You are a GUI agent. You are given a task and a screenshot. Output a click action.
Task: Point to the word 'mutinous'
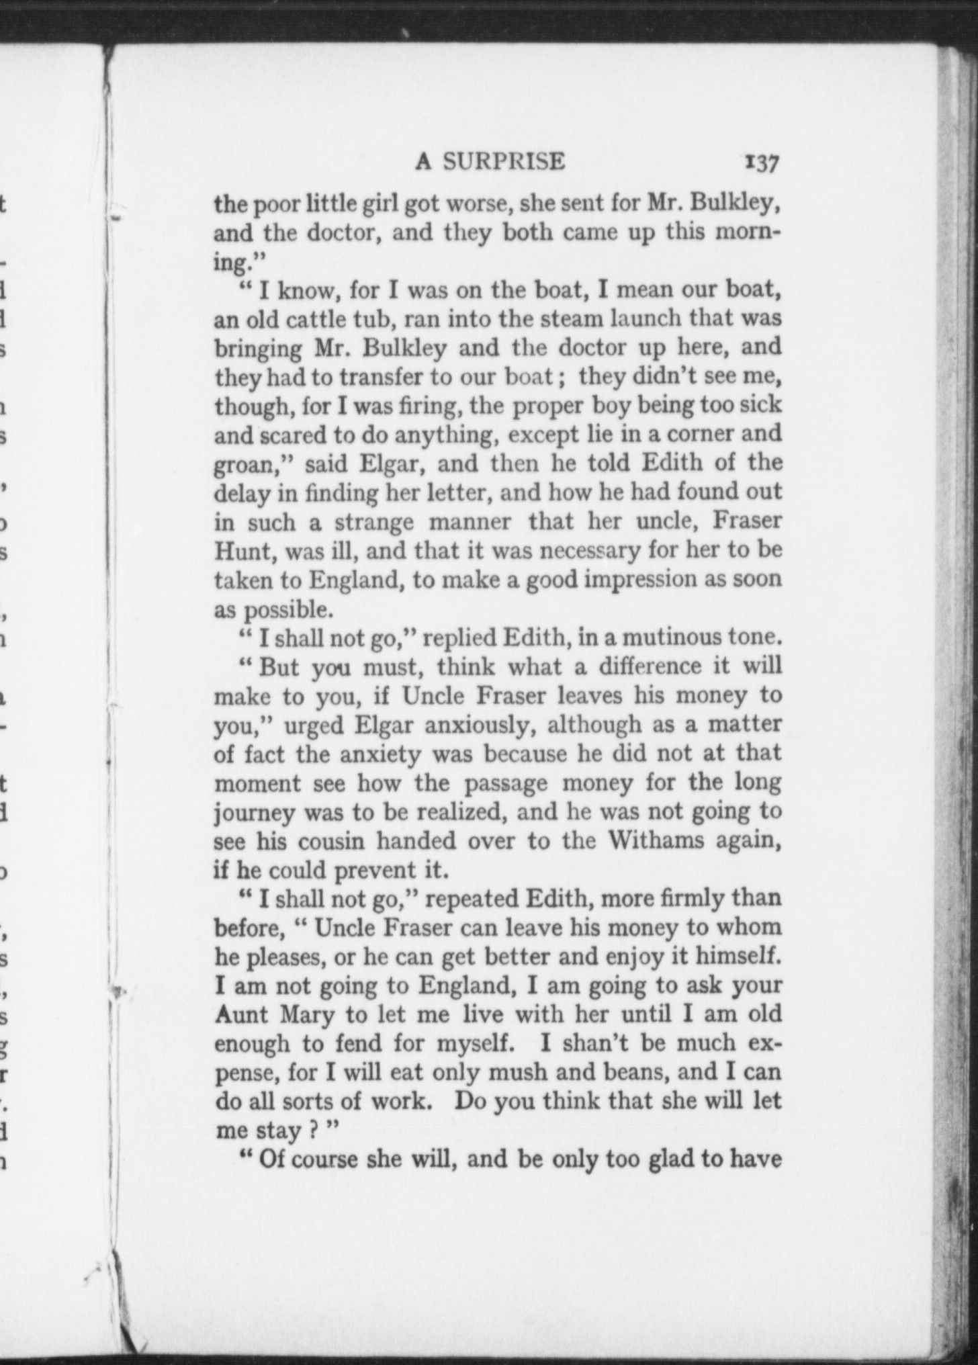click(x=666, y=637)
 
